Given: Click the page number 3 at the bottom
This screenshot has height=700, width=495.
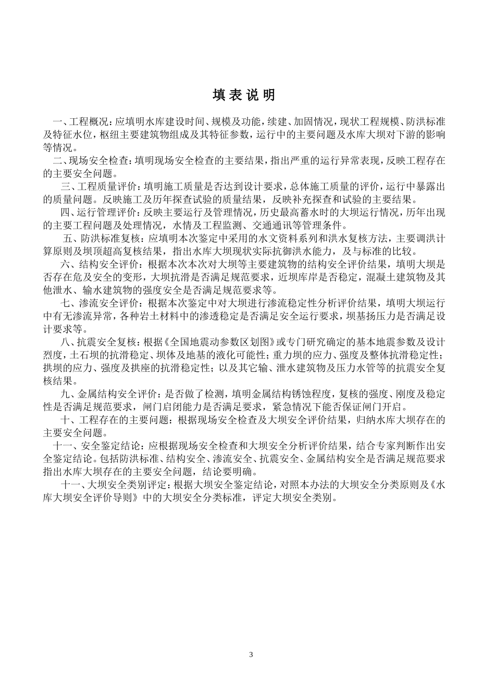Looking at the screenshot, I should click(251, 654).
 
